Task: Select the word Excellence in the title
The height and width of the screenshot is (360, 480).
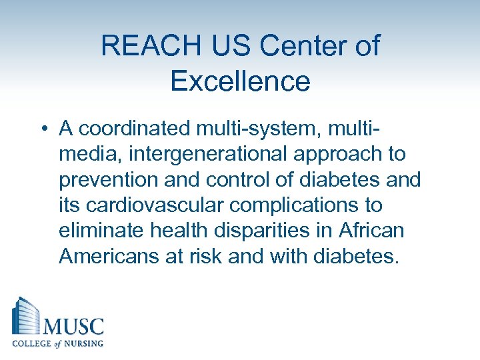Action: [240, 81]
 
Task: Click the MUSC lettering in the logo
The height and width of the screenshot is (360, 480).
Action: [73, 327]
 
